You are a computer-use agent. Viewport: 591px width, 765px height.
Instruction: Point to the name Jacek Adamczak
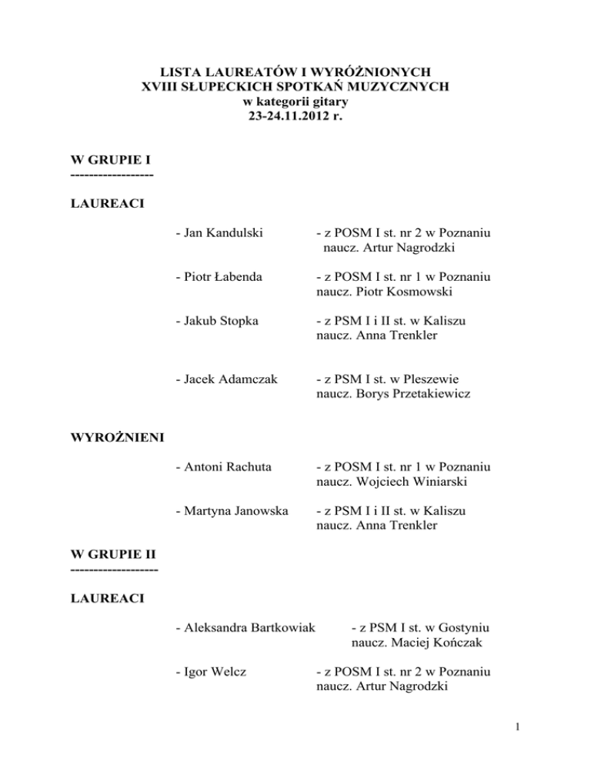(x=223, y=379)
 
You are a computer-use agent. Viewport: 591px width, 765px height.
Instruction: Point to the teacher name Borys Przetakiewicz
(x=416, y=395)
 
